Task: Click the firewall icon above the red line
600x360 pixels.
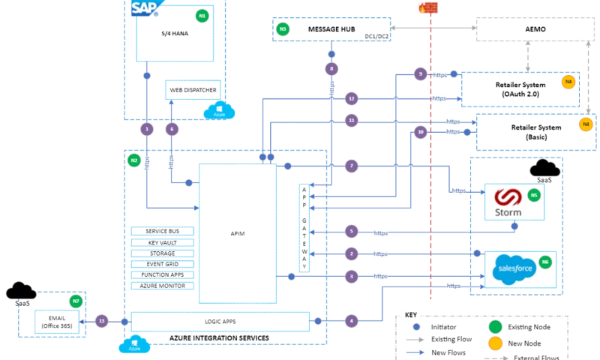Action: coord(428,8)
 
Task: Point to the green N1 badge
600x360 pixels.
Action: coord(201,15)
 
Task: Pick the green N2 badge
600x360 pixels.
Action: coord(133,159)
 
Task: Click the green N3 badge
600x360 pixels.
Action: coord(282,29)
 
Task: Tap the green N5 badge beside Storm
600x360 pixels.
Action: coord(534,195)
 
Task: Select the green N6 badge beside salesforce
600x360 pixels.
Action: coord(545,262)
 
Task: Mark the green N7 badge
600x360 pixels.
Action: coord(75,301)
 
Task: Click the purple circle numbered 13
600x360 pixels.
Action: coord(102,321)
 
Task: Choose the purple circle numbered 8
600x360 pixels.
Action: coord(331,68)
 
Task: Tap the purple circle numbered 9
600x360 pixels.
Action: coord(421,73)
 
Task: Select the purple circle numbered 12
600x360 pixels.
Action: coord(351,98)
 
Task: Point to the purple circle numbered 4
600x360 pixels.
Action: coord(351,321)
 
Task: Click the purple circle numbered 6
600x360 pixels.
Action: coord(172,129)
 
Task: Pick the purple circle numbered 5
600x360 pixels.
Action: coord(351,231)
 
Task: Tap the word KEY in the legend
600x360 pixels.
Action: coord(409,313)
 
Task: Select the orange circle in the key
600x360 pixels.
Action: coord(495,343)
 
